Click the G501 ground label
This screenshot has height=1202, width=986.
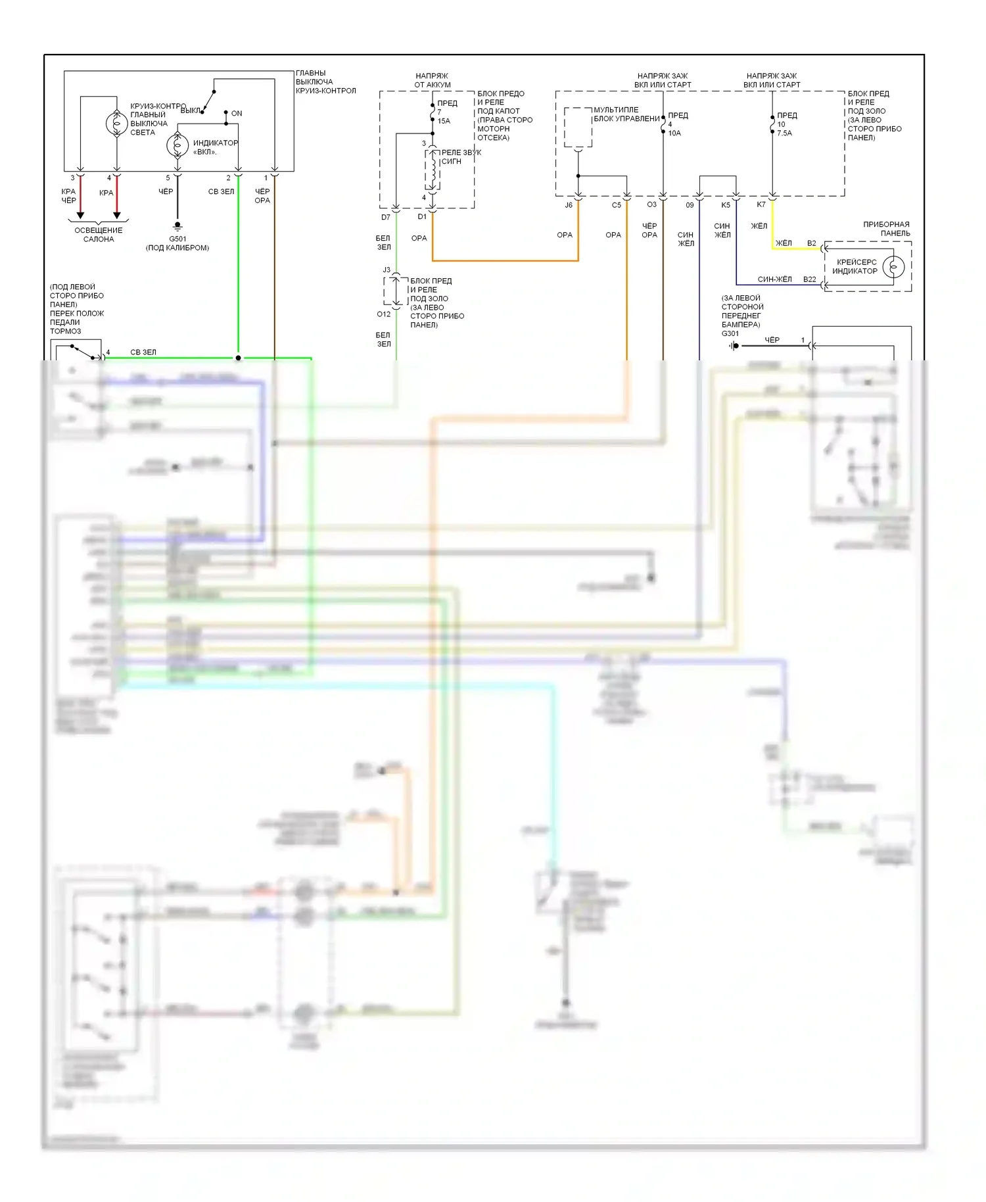[x=177, y=239]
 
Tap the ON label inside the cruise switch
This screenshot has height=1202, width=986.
[x=237, y=114]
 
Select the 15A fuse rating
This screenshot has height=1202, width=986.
[x=444, y=121]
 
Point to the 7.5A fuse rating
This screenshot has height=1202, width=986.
[x=784, y=133]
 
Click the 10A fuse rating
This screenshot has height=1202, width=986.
[x=674, y=133]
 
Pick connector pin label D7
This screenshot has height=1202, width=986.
[x=386, y=217]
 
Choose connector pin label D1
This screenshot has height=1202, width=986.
[x=422, y=216]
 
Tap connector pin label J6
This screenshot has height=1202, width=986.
[x=569, y=205]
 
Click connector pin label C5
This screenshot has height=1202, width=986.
[x=616, y=205]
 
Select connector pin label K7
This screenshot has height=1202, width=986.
[x=761, y=204]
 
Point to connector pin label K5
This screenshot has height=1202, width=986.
[x=726, y=205]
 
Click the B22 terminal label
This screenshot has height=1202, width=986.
[x=809, y=279]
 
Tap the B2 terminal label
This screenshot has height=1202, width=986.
[x=811, y=243]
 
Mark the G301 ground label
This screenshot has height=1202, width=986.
[x=730, y=333]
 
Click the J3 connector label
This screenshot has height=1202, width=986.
[x=387, y=270]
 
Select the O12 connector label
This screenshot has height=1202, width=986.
[x=383, y=314]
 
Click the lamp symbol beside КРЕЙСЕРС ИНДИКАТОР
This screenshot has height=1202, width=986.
[x=893, y=266]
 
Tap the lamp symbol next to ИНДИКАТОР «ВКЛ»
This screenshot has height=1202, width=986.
[x=177, y=145]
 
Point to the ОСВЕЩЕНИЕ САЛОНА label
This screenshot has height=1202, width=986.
[x=99, y=235]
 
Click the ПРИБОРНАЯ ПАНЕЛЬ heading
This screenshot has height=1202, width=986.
[x=886, y=229]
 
